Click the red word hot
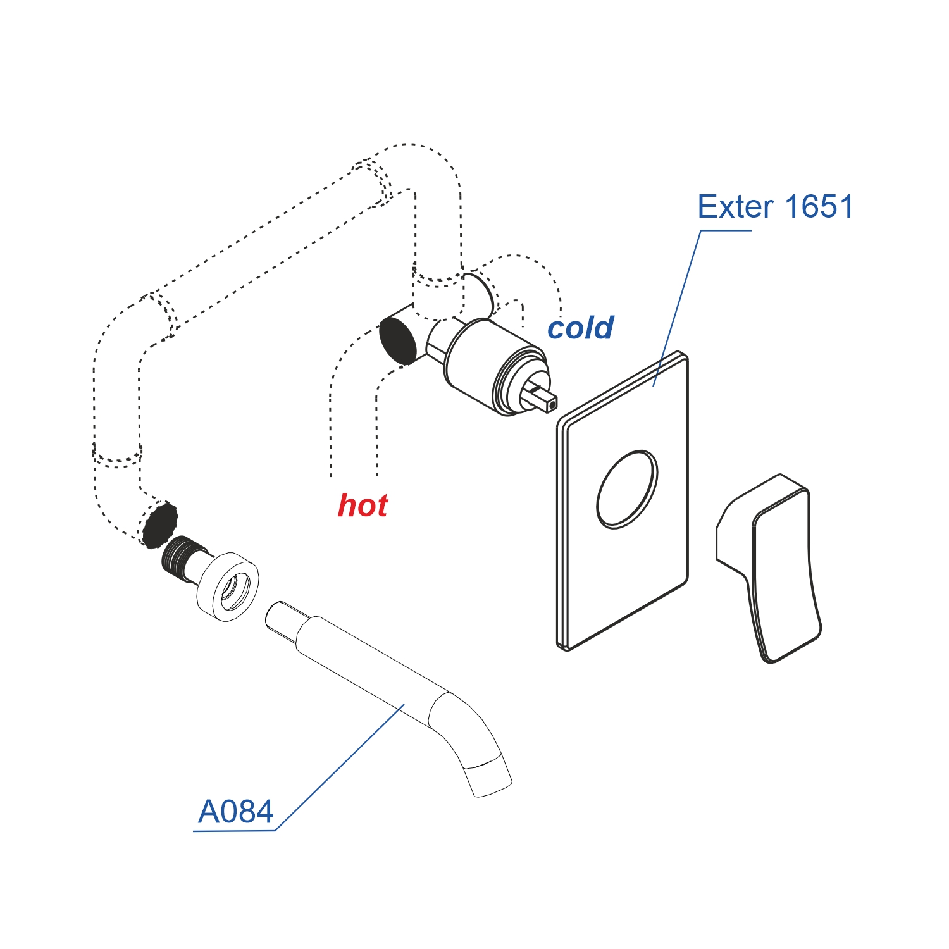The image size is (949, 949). pyautogui.click(x=363, y=506)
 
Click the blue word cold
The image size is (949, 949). pyautogui.click(x=580, y=328)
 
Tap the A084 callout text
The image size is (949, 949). pyautogui.click(x=235, y=812)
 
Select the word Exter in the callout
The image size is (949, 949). pyautogui.click(x=735, y=207)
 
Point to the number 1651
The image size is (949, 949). pyautogui.click(x=819, y=207)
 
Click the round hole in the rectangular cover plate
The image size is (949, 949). pyautogui.click(x=627, y=489)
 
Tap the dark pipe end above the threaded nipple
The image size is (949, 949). pyautogui.click(x=159, y=524)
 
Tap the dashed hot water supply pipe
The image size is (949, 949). pyautogui.click(x=353, y=405)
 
